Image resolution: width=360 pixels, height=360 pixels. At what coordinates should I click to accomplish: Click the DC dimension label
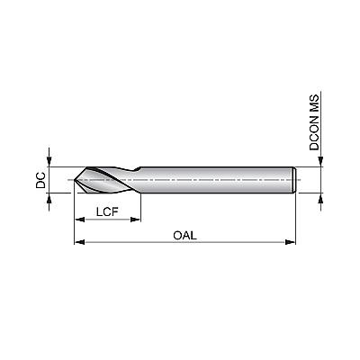coord(40,180)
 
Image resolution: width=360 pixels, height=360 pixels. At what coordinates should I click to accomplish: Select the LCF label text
coord(107,212)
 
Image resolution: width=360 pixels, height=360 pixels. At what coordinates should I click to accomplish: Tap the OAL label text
coord(184,235)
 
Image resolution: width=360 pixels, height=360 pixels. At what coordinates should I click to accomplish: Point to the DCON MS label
coord(314,122)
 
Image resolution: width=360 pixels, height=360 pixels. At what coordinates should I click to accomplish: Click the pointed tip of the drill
coord(74,180)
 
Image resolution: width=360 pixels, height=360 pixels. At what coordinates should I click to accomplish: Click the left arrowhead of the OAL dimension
coord(79,242)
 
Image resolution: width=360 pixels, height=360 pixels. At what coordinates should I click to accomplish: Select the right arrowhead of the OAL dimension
coord(291,242)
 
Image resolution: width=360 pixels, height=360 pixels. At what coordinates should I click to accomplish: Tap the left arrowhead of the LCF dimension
coord(79,220)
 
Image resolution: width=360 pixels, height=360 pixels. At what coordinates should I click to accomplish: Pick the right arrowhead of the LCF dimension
coord(135,220)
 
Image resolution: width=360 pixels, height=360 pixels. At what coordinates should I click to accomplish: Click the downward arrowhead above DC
coord(49,161)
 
